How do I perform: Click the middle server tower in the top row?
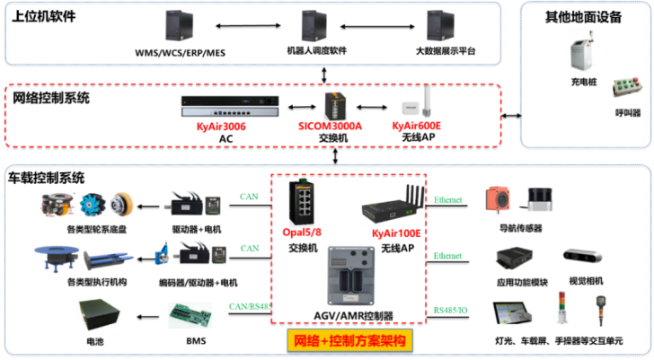tap(314, 25)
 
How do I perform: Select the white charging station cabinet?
tap(582, 50)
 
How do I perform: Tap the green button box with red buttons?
tap(624, 86)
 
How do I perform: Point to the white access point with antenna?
tap(417, 103)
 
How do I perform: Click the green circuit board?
tap(190, 314)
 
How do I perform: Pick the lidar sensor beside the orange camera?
tap(539, 200)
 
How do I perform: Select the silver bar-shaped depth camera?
tap(583, 256)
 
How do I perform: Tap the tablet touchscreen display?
tap(512, 312)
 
